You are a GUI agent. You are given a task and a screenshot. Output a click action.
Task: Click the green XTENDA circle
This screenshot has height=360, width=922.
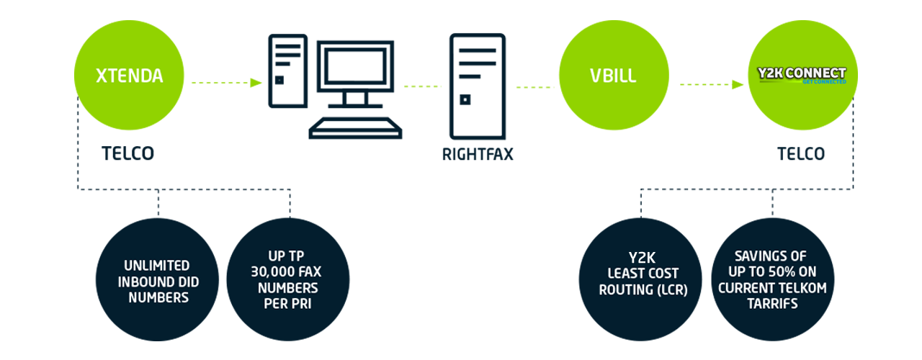129,76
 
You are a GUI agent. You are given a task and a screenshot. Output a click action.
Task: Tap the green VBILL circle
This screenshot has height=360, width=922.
614,76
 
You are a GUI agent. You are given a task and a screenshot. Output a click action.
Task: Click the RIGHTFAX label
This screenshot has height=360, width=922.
478,154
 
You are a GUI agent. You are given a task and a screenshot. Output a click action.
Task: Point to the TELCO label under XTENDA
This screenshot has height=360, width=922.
127,153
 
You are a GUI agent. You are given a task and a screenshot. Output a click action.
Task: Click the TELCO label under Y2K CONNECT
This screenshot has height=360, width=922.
801,153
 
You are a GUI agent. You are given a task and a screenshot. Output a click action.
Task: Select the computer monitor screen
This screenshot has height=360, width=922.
355,66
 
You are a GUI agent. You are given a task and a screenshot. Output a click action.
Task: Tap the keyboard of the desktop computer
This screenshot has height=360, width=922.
355,128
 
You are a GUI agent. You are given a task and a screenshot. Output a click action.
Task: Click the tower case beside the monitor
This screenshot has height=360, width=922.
287,71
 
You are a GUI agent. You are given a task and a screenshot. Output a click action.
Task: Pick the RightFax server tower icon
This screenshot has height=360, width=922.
478,86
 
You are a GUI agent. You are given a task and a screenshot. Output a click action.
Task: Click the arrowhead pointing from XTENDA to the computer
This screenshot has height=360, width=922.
256,83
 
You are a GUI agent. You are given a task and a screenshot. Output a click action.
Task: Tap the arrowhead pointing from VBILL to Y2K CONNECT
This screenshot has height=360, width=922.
738,85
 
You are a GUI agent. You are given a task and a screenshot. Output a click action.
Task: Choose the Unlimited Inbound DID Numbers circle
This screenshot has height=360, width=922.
157,280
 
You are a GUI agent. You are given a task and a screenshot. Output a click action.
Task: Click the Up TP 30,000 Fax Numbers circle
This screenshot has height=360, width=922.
287,280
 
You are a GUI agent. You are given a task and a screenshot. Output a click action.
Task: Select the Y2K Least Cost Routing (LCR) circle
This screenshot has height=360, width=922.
640,280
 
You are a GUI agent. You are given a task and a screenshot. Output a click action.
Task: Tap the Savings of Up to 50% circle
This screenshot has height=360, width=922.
773,280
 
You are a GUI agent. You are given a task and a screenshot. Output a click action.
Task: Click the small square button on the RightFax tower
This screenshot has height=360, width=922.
465,99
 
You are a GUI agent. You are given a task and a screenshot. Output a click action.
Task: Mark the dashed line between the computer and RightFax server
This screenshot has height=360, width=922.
422,86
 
